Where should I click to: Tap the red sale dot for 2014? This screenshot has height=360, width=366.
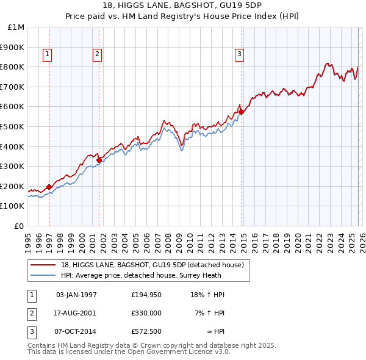(x=242, y=112)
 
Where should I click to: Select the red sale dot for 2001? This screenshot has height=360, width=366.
(x=99, y=160)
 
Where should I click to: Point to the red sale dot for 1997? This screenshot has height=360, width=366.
(x=49, y=187)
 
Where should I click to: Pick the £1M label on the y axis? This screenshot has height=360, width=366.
(x=16, y=27)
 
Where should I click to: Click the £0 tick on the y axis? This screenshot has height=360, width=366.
(x=20, y=226)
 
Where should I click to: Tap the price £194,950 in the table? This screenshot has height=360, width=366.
(x=146, y=295)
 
